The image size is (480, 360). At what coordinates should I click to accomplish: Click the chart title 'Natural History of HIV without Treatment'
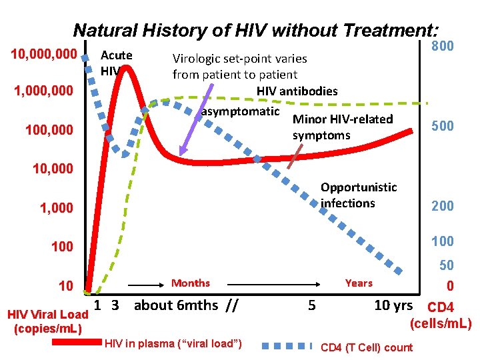tap(256, 30)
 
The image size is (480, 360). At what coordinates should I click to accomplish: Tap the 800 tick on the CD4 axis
tap(442, 47)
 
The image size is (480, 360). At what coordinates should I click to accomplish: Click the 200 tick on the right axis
tap(442, 206)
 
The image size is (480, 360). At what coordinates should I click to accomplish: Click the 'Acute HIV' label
tap(116, 62)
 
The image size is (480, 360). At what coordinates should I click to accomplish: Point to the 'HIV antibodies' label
tap(297, 91)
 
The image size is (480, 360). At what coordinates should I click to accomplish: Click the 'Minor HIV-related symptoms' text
tap(343, 127)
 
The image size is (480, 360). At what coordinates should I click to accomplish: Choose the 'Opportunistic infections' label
tap(358, 195)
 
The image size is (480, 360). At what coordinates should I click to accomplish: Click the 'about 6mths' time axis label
tap(176, 306)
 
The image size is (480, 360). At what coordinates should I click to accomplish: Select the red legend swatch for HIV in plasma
tap(74, 345)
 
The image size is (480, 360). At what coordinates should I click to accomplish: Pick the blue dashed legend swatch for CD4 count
tap(287, 346)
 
